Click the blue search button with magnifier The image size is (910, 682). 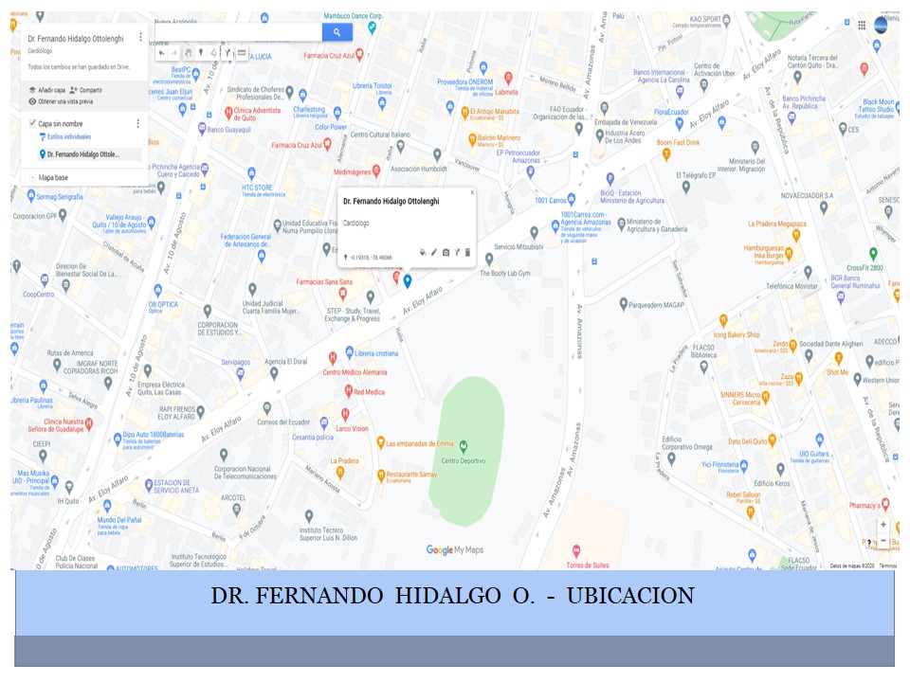[x=337, y=32]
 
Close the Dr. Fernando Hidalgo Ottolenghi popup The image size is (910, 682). [x=472, y=192]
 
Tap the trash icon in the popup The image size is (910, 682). [x=467, y=252]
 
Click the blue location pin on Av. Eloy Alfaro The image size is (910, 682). [x=407, y=279]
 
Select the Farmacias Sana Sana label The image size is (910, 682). [x=324, y=281]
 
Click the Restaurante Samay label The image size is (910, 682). [x=410, y=474]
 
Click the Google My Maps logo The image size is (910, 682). [x=454, y=549]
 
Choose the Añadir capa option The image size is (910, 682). [x=46, y=89]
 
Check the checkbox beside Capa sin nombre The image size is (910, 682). [x=32, y=123]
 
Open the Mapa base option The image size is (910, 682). [x=52, y=177]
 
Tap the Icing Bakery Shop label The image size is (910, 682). [x=737, y=334]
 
